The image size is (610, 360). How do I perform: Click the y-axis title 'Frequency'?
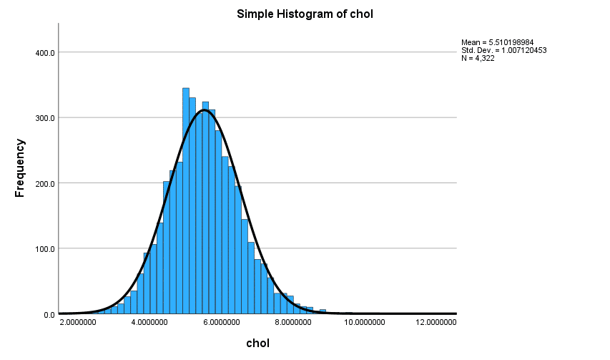tap(21, 168)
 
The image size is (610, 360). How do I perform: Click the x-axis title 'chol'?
tap(257, 344)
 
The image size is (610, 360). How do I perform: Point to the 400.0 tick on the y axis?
tap(44, 52)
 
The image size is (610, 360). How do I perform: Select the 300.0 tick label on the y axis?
tap(44, 117)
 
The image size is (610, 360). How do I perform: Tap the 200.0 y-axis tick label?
tap(44, 183)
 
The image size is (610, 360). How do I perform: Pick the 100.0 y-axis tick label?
tap(44, 249)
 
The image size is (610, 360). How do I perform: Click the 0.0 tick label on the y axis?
tap(49, 314)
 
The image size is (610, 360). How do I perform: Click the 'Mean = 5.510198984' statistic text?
tap(497, 42)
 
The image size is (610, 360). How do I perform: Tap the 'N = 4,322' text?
tap(478, 58)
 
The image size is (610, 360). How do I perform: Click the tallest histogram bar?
tap(186, 200)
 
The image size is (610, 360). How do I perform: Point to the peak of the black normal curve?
tap(205, 110)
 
